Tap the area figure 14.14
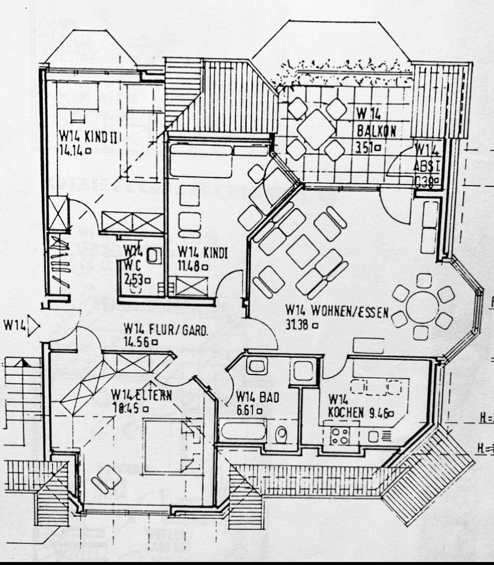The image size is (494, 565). click(x=72, y=151)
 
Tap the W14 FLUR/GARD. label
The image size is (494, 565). click(x=166, y=329)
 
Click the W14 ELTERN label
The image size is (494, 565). click(x=141, y=395)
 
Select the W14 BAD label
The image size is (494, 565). click(x=257, y=397)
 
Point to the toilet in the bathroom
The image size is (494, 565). click(x=281, y=434)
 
